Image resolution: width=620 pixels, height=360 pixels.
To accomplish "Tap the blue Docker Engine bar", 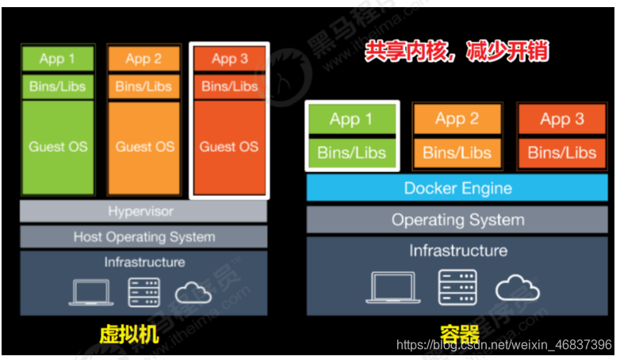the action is (x=457, y=189).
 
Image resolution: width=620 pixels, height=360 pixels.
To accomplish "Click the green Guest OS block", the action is (x=58, y=147).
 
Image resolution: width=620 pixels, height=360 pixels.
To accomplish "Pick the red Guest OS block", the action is (x=229, y=147).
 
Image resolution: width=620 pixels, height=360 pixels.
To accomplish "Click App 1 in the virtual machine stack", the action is (x=58, y=58).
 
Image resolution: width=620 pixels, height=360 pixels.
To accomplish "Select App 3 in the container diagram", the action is (x=562, y=119).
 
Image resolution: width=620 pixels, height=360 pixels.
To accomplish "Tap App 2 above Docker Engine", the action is (x=457, y=119).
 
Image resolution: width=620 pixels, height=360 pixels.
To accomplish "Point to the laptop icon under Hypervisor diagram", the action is (x=90, y=293).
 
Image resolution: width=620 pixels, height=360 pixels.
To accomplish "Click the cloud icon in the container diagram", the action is (x=518, y=288).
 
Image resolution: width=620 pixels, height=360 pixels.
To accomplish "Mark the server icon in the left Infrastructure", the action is (x=144, y=293).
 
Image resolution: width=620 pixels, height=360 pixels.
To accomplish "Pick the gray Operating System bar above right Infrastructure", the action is (x=457, y=220).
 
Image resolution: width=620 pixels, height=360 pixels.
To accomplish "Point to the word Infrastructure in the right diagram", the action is (x=457, y=251).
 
